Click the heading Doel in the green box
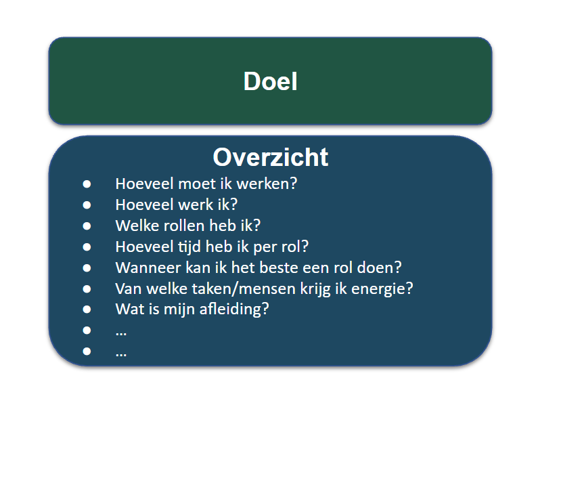click(270, 81)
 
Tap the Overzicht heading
click(270, 157)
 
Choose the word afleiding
click(234, 310)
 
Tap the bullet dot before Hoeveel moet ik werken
click(87, 184)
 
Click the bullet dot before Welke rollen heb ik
click(87, 226)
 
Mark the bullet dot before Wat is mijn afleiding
click(87, 309)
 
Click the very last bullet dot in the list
click(87, 351)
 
